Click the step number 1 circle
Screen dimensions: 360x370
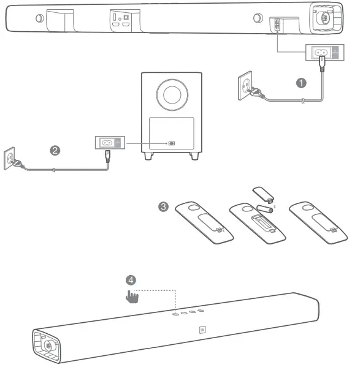(x=301, y=83)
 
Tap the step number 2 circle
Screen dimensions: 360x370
(x=55, y=151)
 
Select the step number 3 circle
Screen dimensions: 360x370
(x=163, y=206)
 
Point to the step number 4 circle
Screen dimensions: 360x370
(x=131, y=280)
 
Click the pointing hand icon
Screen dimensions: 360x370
(x=132, y=296)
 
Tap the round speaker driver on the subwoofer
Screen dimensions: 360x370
(x=172, y=94)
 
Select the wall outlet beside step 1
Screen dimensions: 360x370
(x=245, y=85)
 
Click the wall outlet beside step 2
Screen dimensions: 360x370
(x=9, y=158)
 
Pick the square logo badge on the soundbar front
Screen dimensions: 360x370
(x=202, y=330)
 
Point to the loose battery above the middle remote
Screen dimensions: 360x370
(x=264, y=209)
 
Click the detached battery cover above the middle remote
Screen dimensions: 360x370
(x=263, y=195)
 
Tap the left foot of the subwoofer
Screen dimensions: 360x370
(x=148, y=156)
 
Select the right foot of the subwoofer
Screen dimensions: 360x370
(x=194, y=156)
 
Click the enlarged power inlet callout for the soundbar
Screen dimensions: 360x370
(x=325, y=52)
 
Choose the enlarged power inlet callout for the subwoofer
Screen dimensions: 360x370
(x=110, y=143)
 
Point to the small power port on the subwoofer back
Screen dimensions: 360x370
(x=172, y=143)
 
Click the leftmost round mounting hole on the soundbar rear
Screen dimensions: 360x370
(x=39, y=18)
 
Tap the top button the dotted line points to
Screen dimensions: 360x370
(x=175, y=314)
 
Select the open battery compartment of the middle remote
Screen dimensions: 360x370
(x=263, y=223)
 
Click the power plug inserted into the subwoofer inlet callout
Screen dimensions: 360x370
(x=108, y=156)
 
